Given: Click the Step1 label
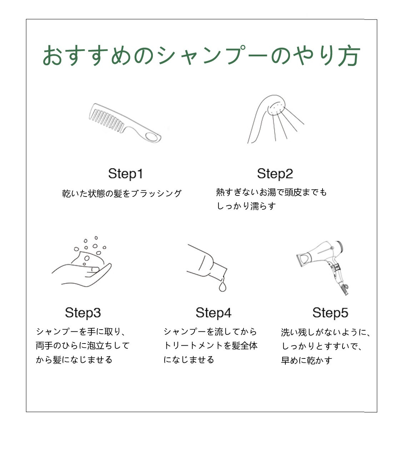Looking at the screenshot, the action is (x=125, y=174).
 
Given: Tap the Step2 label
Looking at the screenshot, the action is (x=275, y=174).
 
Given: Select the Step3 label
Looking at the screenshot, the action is (x=83, y=313).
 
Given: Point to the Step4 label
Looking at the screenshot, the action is (x=213, y=313).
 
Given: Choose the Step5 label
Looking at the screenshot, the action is (x=330, y=313).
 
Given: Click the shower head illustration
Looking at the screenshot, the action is (x=276, y=119).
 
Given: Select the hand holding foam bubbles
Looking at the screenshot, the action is (x=82, y=276).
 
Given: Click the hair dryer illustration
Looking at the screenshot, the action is (x=323, y=268).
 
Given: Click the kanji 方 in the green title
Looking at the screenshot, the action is (x=349, y=56).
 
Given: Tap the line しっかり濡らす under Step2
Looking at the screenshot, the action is (x=246, y=206).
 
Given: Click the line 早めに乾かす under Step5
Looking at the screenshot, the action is (x=306, y=360).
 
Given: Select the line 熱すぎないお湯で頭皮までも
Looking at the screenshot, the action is (x=271, y=192).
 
